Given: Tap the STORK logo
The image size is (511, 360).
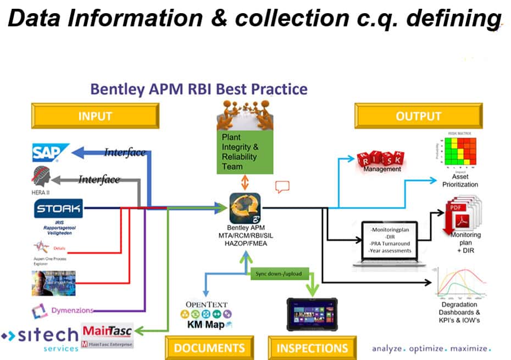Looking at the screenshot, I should pos(58,208).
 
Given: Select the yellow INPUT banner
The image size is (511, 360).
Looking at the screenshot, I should pos(95,116).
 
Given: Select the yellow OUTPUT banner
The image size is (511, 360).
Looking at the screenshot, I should pos(418,116).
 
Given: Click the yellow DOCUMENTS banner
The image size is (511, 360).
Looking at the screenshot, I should pos(209,348).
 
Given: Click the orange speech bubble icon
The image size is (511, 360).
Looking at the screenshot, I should pos(282,187).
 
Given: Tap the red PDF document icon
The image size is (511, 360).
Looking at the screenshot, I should pos(456,218).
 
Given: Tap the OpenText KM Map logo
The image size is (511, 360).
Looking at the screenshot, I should pos(206,315).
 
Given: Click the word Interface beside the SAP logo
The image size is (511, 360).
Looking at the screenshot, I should pos(125,152).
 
